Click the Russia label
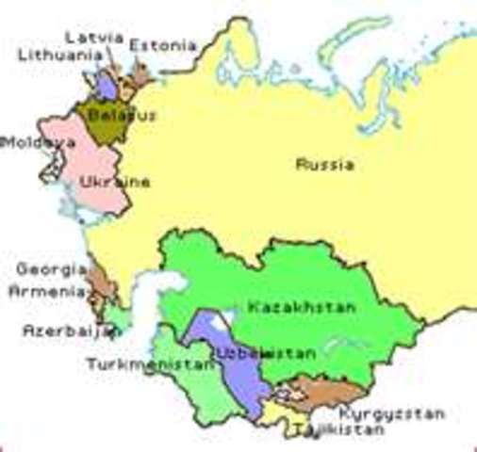tap(325, 165)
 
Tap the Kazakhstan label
tap(301, 308)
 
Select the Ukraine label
tap(115, 182)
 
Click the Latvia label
tap(94, 36)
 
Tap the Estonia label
tap(163, 44)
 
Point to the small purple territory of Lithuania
tap(107, 85)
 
